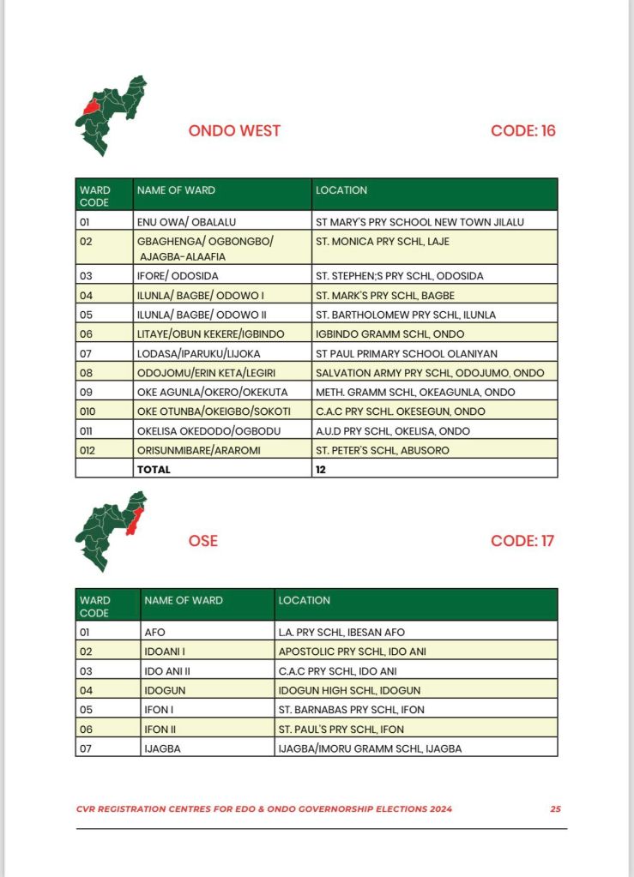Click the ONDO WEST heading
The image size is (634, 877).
pyautogui.click(x=234, y=131)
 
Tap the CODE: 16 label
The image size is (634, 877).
pyautogui.click(x=523, y=131)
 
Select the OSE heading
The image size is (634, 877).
pyautogui.click(x=202, y=541)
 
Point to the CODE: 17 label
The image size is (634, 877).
pyautogui.click(x=522, y=541)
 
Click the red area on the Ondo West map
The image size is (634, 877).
pyautogui.click(x=90, y=107)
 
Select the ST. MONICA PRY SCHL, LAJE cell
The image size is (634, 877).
pyautogui.click(x=382, y=242)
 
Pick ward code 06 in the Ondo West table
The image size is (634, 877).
pyautogui.click(x=86, y=333)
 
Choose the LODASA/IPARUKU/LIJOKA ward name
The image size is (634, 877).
pyautogui.click(x=198, y=353)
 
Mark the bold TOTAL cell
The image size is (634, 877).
pyautogui.click(x=154, y=470)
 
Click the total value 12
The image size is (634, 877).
pyautogui.click(x=321, y=470)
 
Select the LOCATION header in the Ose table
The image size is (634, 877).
pyautogui.click(x=304, y=600)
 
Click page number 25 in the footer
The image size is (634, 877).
pyautogui.click(x=556, y=808)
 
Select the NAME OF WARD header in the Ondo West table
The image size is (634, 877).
pyautogui.click(x=176, y=189)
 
